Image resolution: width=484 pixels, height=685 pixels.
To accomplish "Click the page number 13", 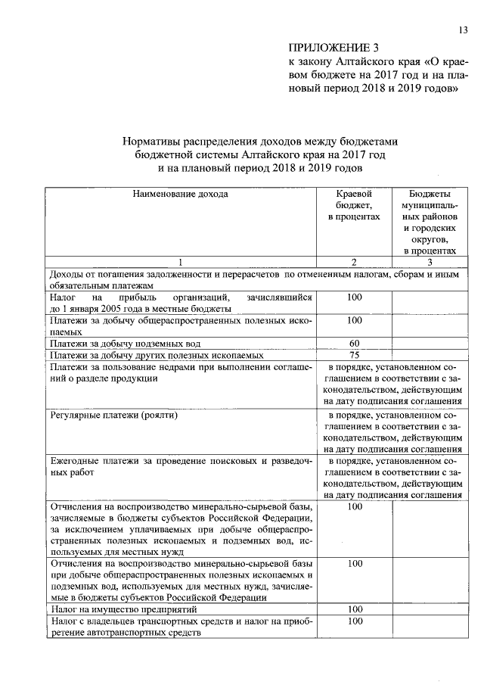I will tap(463, 30).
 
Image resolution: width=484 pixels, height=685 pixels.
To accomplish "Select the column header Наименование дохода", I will tap(180, 194).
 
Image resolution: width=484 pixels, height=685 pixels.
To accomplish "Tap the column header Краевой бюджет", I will tap(354, 205).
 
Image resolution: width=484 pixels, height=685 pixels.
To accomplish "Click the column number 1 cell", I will tap(180, 262).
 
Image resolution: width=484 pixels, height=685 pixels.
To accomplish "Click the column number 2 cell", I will tap(354, 262).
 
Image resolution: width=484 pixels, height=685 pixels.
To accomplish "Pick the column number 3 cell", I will tap(430, 262).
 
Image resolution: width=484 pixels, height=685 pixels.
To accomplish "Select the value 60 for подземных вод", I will tap(354, 344).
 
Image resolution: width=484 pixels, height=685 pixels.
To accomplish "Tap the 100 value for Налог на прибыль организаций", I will tap(354, 297).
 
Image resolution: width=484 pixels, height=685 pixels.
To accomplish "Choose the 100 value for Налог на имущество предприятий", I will tap(354, 609).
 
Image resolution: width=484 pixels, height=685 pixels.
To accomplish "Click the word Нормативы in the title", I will tap(157, 141).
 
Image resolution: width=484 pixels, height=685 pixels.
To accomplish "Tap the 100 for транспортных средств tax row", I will tap(354, 621).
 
